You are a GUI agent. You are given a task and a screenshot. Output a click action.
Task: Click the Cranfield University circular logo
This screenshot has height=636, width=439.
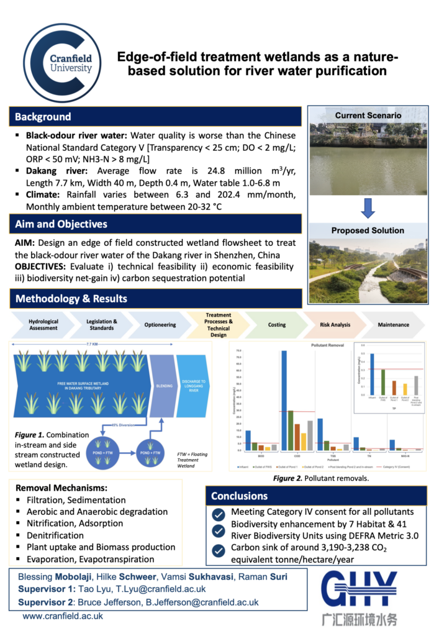click(x=63, y=62)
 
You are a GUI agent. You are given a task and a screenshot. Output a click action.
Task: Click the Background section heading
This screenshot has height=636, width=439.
click(x=43, y=117)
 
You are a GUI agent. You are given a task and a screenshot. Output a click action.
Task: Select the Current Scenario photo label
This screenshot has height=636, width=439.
click(x=368, y=116)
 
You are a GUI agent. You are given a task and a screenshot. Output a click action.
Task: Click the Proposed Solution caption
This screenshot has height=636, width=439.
click(x=368, y=230)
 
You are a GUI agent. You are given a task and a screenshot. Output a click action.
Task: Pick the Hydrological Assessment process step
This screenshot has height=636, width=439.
click(x=43, y=324)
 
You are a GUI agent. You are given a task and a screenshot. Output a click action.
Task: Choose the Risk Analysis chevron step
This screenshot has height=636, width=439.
click(x=335, y=324)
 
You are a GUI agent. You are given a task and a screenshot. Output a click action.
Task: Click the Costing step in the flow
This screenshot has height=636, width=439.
click(x=277, y=324)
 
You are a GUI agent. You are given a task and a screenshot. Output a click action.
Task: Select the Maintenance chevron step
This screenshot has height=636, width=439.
click(x=394, y=324)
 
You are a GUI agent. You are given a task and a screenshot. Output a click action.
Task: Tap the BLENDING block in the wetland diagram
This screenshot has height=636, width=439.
click(x=165, y=384)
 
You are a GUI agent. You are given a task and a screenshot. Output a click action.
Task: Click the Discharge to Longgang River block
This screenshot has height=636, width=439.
click(x=198, y=384)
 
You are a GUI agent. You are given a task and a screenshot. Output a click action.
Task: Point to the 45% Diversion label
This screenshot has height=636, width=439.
click(x=120, y=425)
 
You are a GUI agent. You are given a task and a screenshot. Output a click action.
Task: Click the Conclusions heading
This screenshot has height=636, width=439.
click(x=239, y=496)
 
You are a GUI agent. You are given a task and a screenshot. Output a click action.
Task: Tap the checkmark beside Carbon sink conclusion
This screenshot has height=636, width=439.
click(x=218, y=550)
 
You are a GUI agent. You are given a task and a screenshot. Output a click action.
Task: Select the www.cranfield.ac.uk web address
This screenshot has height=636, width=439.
click(x=63, y=616)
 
